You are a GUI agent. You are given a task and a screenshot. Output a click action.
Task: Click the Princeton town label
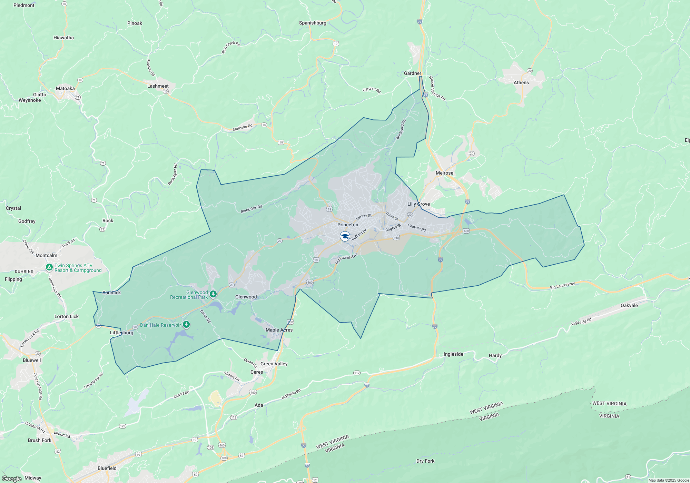[x=348, y=225]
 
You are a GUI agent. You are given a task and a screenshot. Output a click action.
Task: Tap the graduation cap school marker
[x=345, y=236]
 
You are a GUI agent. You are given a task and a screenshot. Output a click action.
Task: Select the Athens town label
[x=521, y=82]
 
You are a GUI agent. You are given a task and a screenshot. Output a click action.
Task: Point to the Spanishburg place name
[x=313, y=23]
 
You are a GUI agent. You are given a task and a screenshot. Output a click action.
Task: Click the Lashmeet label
[x=158, y=86]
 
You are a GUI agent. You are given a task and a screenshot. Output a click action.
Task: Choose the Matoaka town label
[x=65, y=88]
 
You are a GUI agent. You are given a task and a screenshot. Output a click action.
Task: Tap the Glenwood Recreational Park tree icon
[x=213, y=294]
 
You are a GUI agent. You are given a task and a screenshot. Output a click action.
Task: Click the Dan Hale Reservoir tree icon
[x=186, y=324]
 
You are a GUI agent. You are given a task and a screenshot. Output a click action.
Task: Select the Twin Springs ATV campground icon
[x=49, y=267]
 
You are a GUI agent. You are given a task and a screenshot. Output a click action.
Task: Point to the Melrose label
[x=444, y=173]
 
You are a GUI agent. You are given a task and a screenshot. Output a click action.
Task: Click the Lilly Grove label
[x=418, y=204]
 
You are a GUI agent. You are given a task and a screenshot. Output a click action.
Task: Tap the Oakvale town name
[x=629, y=305]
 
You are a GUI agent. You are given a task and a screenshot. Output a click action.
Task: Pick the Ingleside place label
[x=453, y=354]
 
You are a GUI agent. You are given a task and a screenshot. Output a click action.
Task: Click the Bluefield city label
[x=107, y=468]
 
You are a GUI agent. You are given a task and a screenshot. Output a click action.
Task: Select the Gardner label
[x=413, y=73]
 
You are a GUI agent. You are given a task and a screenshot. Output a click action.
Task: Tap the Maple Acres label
[x=279, y=330]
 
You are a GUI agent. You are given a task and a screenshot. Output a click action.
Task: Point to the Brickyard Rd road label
[x=401, y=129]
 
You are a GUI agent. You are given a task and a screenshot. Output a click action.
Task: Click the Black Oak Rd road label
[x=252, y=209]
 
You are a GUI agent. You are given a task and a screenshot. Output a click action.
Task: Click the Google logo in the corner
[x=12, y=479]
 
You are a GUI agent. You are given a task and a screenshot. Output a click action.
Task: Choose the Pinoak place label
[x=135, y=23]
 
